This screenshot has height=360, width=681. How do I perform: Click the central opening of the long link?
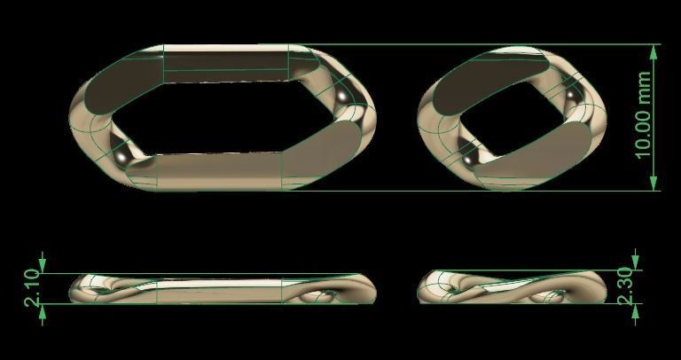tap(222, 115)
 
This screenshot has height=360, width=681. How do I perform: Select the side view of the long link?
tap(222, 290)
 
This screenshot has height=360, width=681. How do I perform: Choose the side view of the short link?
tap(507, 288)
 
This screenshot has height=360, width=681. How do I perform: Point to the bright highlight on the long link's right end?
tap(342, 93)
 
